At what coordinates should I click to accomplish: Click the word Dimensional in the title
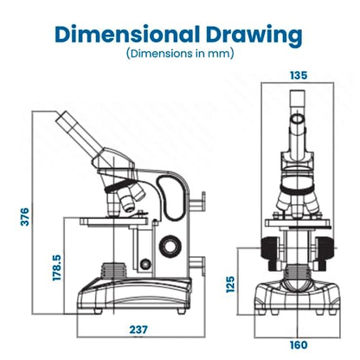pos(127,35)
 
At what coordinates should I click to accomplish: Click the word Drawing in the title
pos(254,35)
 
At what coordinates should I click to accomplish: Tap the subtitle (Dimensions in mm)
pos(180,54)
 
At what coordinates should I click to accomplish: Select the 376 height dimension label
pos(25,216)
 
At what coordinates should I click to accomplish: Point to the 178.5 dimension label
pos(57,267)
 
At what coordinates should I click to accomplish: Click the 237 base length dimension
pos(138,330)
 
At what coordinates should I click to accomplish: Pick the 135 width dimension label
pos(299,75)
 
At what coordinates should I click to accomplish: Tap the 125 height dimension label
pos(230,285)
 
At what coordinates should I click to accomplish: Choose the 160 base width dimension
pos(299,344)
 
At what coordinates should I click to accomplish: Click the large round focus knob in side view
pos(170,247)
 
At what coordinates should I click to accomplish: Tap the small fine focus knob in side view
pos(145,264)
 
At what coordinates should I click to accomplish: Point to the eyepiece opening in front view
pos(298,119)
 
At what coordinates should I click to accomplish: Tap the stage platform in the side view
pos(113,222)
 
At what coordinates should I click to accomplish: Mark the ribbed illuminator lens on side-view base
pos(114,271)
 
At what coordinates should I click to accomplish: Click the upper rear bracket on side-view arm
pos(197,202)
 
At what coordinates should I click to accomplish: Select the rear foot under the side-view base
pos(181,311)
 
